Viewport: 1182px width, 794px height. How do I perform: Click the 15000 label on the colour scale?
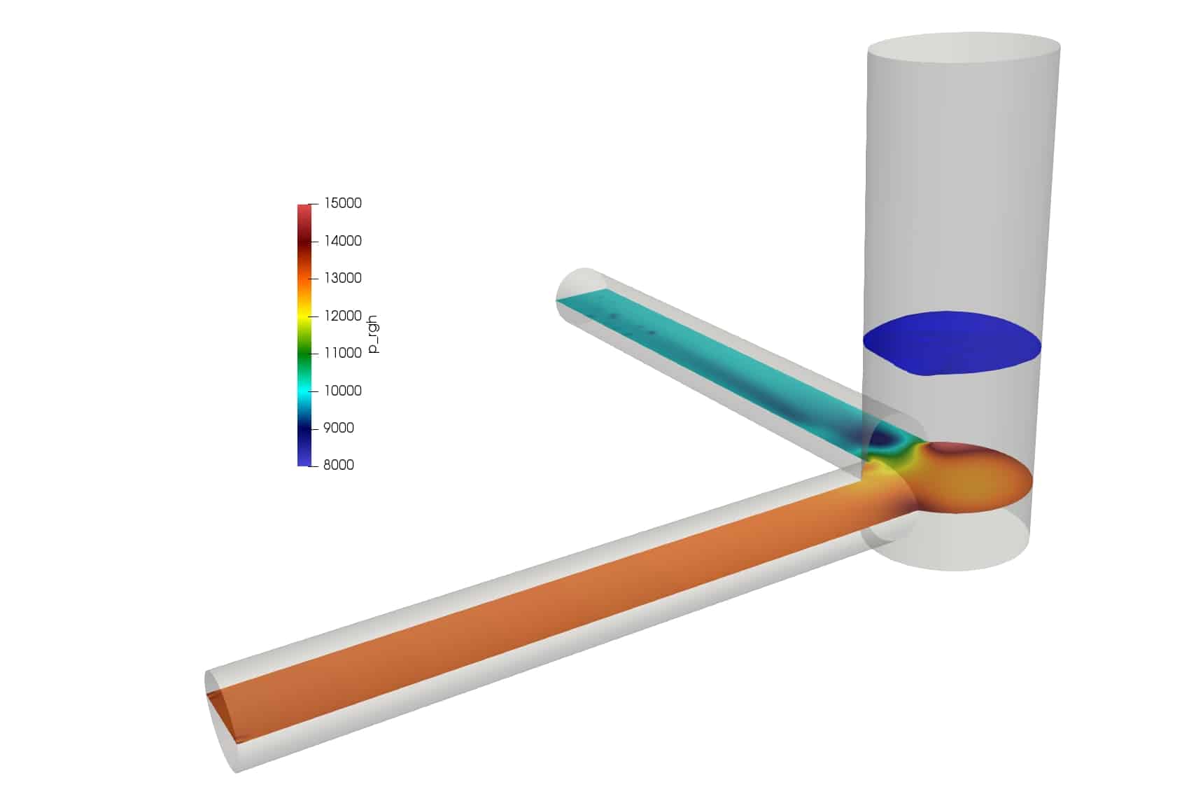[x=342, y=203]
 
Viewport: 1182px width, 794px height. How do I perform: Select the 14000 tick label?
[x=342, y=241]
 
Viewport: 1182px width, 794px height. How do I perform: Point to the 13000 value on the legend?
[x=342, y=278]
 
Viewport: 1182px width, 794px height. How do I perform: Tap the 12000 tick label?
[x=342, y=316]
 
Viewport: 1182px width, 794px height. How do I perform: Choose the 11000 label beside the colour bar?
[x=342, y=353]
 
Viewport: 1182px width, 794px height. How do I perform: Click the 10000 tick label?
[x=342, y=391]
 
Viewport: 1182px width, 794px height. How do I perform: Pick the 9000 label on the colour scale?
[x=338, y=428]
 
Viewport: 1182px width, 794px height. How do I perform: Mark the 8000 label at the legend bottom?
[x=338, y=465]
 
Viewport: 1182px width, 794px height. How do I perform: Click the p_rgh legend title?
[x=373, y=334]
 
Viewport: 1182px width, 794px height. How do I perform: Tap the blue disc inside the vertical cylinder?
[x=952, y=342]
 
